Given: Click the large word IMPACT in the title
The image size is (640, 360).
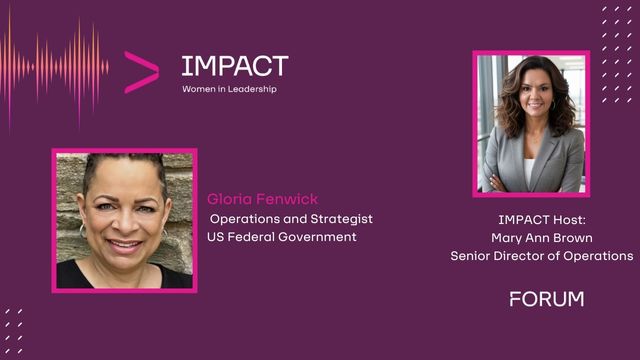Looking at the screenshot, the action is pyautogui.click(x=235, y=66).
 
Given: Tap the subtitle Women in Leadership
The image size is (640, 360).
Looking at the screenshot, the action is pyautogui.click(x=229, y=89).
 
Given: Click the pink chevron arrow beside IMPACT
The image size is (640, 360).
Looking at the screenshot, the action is pyautogui.click(x=141, y=72).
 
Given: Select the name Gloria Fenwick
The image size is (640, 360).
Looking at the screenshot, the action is pyautogui.click(x=262, y=199).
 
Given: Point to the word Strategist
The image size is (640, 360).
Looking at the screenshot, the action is pyautogui.click(x=341, y=219).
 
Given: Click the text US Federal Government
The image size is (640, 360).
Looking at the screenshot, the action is pyautogui.click(x=282, y=237).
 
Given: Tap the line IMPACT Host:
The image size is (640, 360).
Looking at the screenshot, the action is pyautogui.click(x=542, y=220).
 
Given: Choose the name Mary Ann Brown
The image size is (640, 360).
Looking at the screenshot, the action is pyautogui.click(x=542, y=238).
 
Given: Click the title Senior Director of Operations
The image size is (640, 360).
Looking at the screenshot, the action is pyautogui.click(x=542, y=256).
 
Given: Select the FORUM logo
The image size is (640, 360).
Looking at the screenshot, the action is pyautogui.click(x=547, y=299).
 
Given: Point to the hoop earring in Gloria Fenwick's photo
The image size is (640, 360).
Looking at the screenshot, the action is pyautogui.click(x=82, y=231).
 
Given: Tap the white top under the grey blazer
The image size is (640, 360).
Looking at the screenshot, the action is pyautogui.click(x=529, y=171).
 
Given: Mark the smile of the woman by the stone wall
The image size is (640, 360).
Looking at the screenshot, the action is pyautogui.click(x=124, y=245).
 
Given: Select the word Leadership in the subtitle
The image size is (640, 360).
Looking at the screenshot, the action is pyautogui.click(x=252, y=89).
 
